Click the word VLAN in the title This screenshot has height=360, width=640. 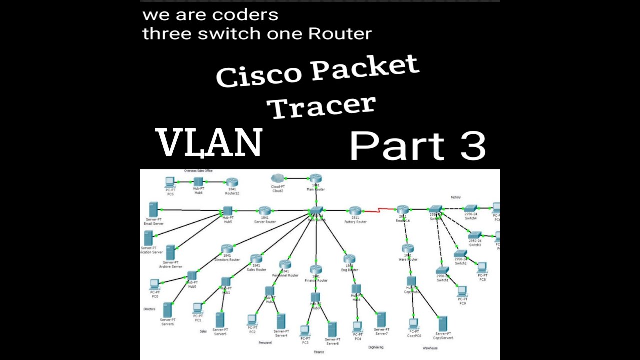coord(209,143)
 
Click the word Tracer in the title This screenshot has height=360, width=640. coord(323,106)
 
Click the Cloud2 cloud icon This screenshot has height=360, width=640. coord(277,178)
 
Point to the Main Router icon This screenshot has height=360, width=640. coord(315,178)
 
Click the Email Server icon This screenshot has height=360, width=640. coord(153,209)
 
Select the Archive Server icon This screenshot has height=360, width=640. coord(170,252)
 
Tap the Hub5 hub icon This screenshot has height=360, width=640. coord(228,211)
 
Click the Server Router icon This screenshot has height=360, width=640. coord(264,211)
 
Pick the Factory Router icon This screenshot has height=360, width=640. coord(355,211)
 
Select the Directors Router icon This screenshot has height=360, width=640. coord(227,249)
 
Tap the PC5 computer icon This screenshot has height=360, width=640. coord(170,182)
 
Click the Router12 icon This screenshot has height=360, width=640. coord(232,182)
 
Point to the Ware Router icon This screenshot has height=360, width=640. coord(407,249)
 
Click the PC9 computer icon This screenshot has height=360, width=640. coord(462,291)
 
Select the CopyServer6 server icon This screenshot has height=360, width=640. coord(443,324)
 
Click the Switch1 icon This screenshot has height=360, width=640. coord(442,270)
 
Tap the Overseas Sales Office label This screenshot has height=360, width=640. coord(198,171)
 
